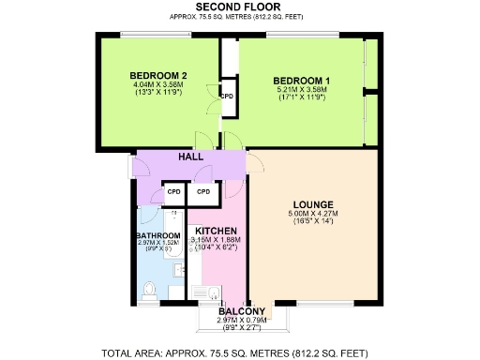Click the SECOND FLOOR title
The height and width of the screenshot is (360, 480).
[239, 7]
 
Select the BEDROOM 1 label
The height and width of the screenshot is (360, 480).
[302, 82]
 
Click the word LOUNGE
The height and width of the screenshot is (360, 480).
[313, 204]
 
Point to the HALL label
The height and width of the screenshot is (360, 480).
[190, 157]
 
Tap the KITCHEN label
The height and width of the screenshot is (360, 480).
[215, 231]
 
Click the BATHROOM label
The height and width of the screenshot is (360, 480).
[157, 236]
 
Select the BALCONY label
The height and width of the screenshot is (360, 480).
[242, 311]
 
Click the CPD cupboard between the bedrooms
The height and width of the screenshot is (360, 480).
[227, 97]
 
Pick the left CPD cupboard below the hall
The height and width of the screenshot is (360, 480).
[172, 192]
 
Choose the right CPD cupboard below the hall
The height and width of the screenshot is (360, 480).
[203, 192]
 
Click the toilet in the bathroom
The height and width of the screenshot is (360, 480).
[150, 289]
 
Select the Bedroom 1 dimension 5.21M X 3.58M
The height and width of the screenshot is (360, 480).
[302, 91]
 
